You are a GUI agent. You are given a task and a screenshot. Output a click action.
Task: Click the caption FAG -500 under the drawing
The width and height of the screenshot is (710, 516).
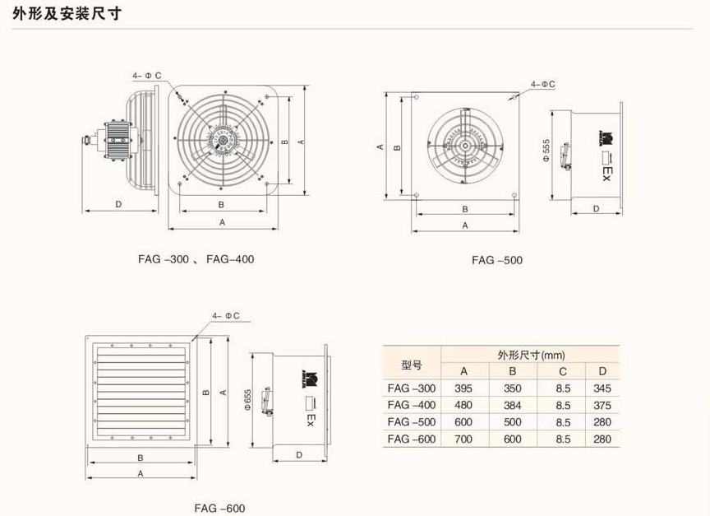496,260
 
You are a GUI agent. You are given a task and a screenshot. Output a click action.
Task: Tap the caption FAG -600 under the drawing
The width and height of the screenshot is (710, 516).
219,508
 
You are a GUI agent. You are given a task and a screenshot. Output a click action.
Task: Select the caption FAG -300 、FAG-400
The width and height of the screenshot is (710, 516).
195,258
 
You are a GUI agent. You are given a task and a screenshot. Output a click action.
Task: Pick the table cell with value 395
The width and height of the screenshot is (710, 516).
464,388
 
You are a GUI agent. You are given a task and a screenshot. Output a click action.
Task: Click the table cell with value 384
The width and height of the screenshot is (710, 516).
513,405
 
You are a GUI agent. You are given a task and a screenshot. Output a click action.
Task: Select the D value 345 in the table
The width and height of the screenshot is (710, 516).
602,388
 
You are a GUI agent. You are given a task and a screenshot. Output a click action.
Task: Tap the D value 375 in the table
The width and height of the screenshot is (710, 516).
602,405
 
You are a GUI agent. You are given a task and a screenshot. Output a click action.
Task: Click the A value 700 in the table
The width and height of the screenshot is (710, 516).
464,439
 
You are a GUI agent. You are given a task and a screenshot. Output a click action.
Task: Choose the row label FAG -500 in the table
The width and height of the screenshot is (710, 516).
412,422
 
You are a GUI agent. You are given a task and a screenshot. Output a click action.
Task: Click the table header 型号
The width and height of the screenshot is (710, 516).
412,363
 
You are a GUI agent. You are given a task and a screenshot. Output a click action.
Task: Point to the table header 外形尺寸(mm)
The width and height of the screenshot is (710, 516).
532,355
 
